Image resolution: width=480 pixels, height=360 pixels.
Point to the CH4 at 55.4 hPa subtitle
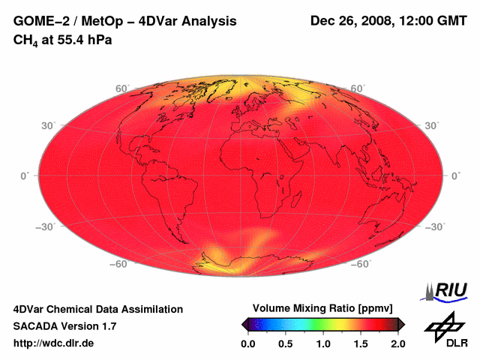pos(63,39)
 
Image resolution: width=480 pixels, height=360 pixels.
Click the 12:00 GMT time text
pos(434,21)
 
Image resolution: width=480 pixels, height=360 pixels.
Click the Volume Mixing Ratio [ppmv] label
pos(322,308)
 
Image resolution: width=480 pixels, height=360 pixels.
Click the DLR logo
pos(446,331)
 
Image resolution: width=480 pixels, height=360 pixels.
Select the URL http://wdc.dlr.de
pos(54,343)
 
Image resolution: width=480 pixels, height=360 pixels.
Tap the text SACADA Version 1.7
pos(65,326)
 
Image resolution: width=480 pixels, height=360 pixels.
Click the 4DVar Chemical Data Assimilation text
pos(98,309)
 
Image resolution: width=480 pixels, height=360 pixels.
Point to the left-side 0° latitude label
pos(25,175)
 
